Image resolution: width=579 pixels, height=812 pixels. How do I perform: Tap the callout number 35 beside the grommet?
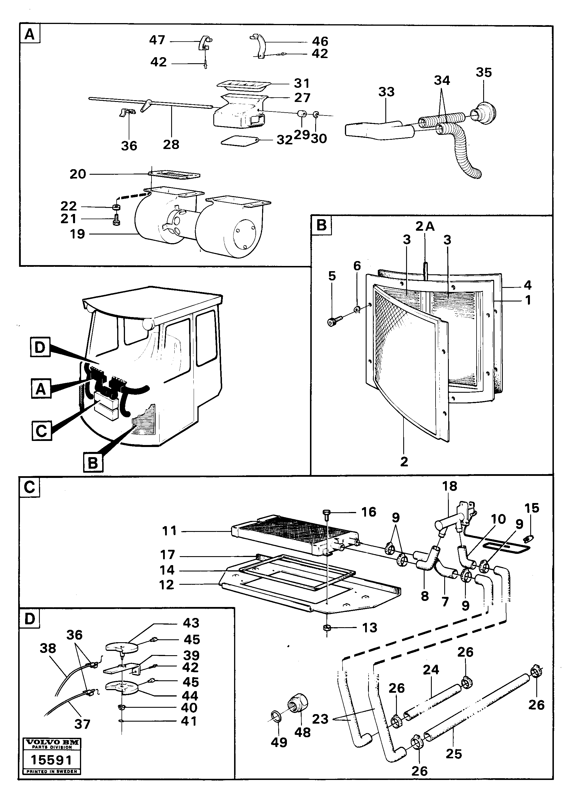[484, 72]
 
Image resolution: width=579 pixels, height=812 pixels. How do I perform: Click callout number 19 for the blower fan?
[77, 234]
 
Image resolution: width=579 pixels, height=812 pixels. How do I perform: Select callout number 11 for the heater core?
[169, 531]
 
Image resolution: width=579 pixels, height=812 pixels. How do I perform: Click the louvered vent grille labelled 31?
[244, 85]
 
